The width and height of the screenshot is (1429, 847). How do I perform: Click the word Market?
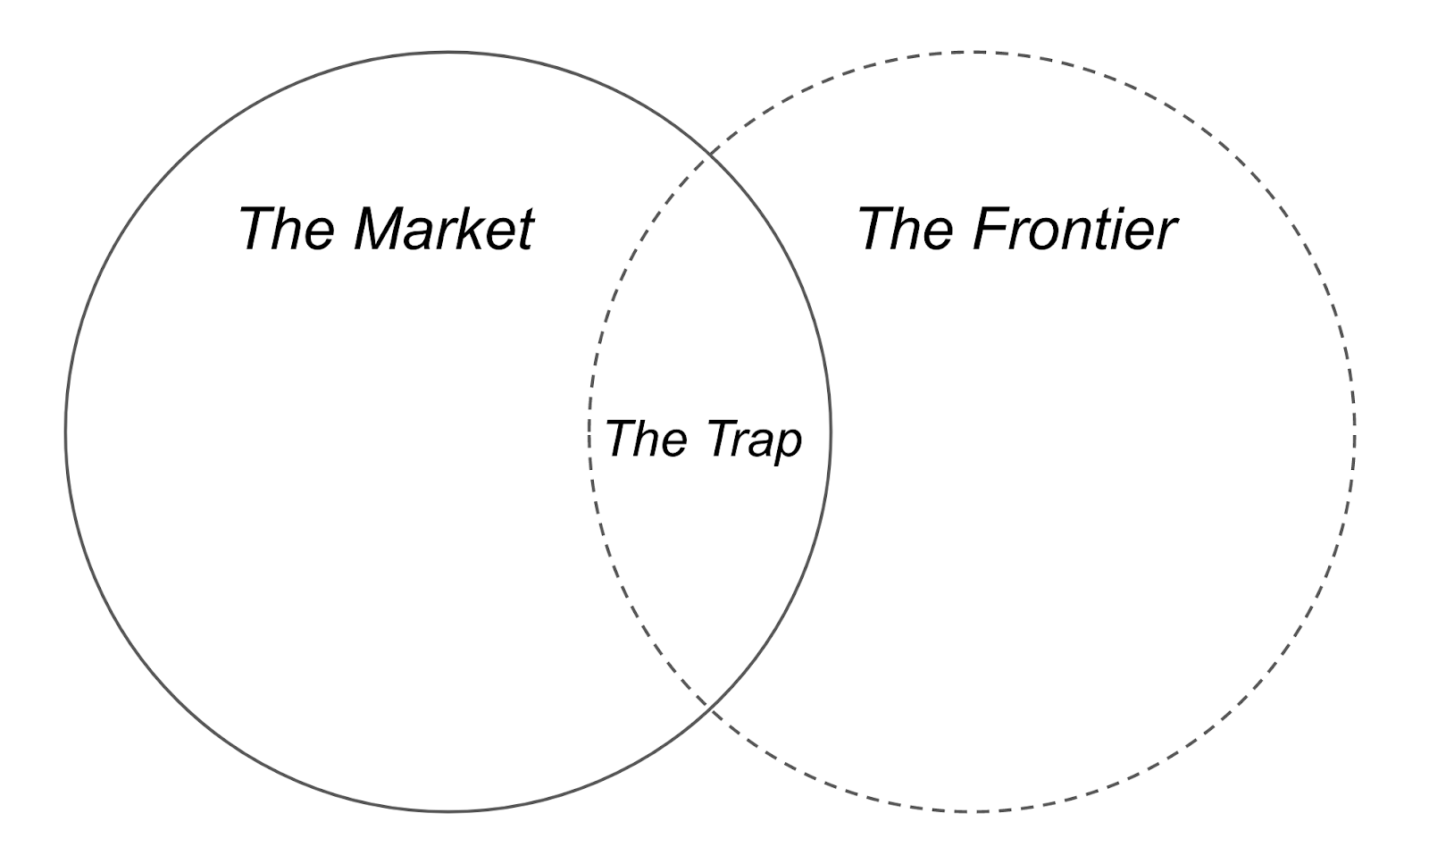pyautogui.click(x=444, y=228)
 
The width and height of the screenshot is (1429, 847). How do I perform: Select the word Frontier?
pyautogui.click(x=1074, y=228)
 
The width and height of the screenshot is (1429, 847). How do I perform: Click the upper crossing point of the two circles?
pyautogui.click(x=710, y=156)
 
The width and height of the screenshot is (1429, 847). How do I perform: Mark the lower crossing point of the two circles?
pyautogui.click(x=710, y=708)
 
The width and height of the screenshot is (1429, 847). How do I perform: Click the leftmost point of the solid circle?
pyautogui.click(x=66, y=432)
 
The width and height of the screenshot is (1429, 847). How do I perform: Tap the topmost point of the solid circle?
pyautogui.click(x=448, y=52)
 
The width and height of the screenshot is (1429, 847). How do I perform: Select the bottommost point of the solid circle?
pyautogui.click(x=448, y=811)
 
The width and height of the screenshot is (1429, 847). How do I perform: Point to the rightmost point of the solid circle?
pyautogui.click(x=831, y=432)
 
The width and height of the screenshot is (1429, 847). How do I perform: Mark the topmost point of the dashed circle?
pyautogui.click(x=972, y=52)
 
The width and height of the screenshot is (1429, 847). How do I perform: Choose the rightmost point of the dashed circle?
pyautogui.click(x=1354, y=432)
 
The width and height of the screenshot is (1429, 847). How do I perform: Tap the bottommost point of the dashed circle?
pyautogui.click(x=972, y=811)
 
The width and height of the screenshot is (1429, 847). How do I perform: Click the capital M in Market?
pyautogui.click(x=379, y=228)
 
